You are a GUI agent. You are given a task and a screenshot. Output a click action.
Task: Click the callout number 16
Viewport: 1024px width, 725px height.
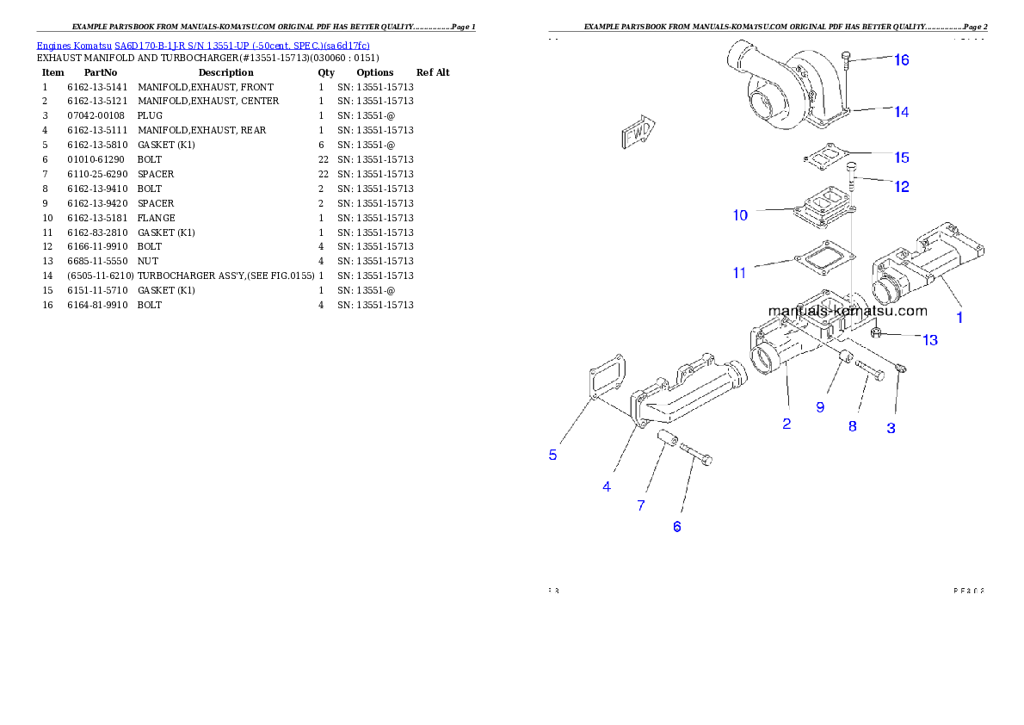pos(901,60)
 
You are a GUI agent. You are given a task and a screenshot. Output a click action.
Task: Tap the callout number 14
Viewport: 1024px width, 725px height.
pos(901,112)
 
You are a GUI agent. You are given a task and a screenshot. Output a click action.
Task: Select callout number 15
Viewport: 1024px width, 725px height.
pos(901,158)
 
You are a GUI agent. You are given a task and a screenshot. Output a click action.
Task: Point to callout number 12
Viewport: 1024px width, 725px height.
pos(901,187)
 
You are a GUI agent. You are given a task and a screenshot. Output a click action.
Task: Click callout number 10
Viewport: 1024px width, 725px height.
pos(740,215)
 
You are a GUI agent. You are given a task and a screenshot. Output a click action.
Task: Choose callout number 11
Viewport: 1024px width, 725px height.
pos(739,274)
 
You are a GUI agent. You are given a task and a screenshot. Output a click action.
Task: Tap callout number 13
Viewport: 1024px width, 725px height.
pos(929,341)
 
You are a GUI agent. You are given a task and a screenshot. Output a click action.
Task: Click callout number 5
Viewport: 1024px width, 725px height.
pos(553,455)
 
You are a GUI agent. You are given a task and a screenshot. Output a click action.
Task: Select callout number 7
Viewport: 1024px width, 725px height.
pos(641,506)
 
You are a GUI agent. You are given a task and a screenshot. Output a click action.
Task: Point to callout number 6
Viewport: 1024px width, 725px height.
pos(677,527)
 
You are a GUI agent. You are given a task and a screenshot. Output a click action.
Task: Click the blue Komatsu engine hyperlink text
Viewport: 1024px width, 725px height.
pos(203,46)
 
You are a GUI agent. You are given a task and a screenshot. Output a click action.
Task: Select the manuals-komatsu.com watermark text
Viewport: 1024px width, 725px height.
pos(847,311)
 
